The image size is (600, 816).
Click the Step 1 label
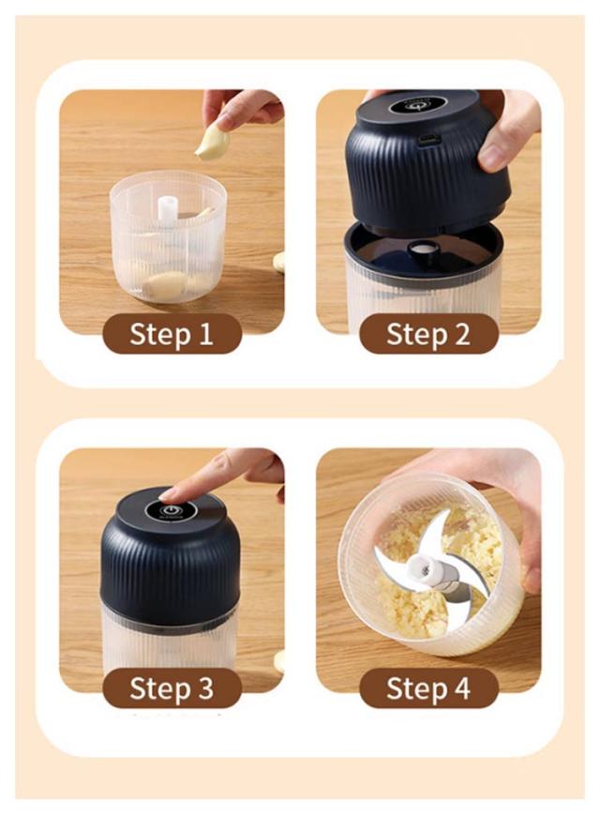pos(172,334)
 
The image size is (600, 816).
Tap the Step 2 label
pos(428,334)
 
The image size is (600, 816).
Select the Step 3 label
pos(172,688)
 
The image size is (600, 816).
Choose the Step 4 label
pos(428,688)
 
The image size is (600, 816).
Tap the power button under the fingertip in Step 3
pos(172,510)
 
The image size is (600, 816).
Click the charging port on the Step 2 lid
pos(429,139)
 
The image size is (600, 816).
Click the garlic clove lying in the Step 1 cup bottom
pos(165,284)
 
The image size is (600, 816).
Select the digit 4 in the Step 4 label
pos(462,688)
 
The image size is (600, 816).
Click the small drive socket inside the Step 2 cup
pos(423,248)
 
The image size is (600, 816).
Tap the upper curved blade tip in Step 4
pos(446,514)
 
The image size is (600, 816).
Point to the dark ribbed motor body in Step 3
pos(171,562)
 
